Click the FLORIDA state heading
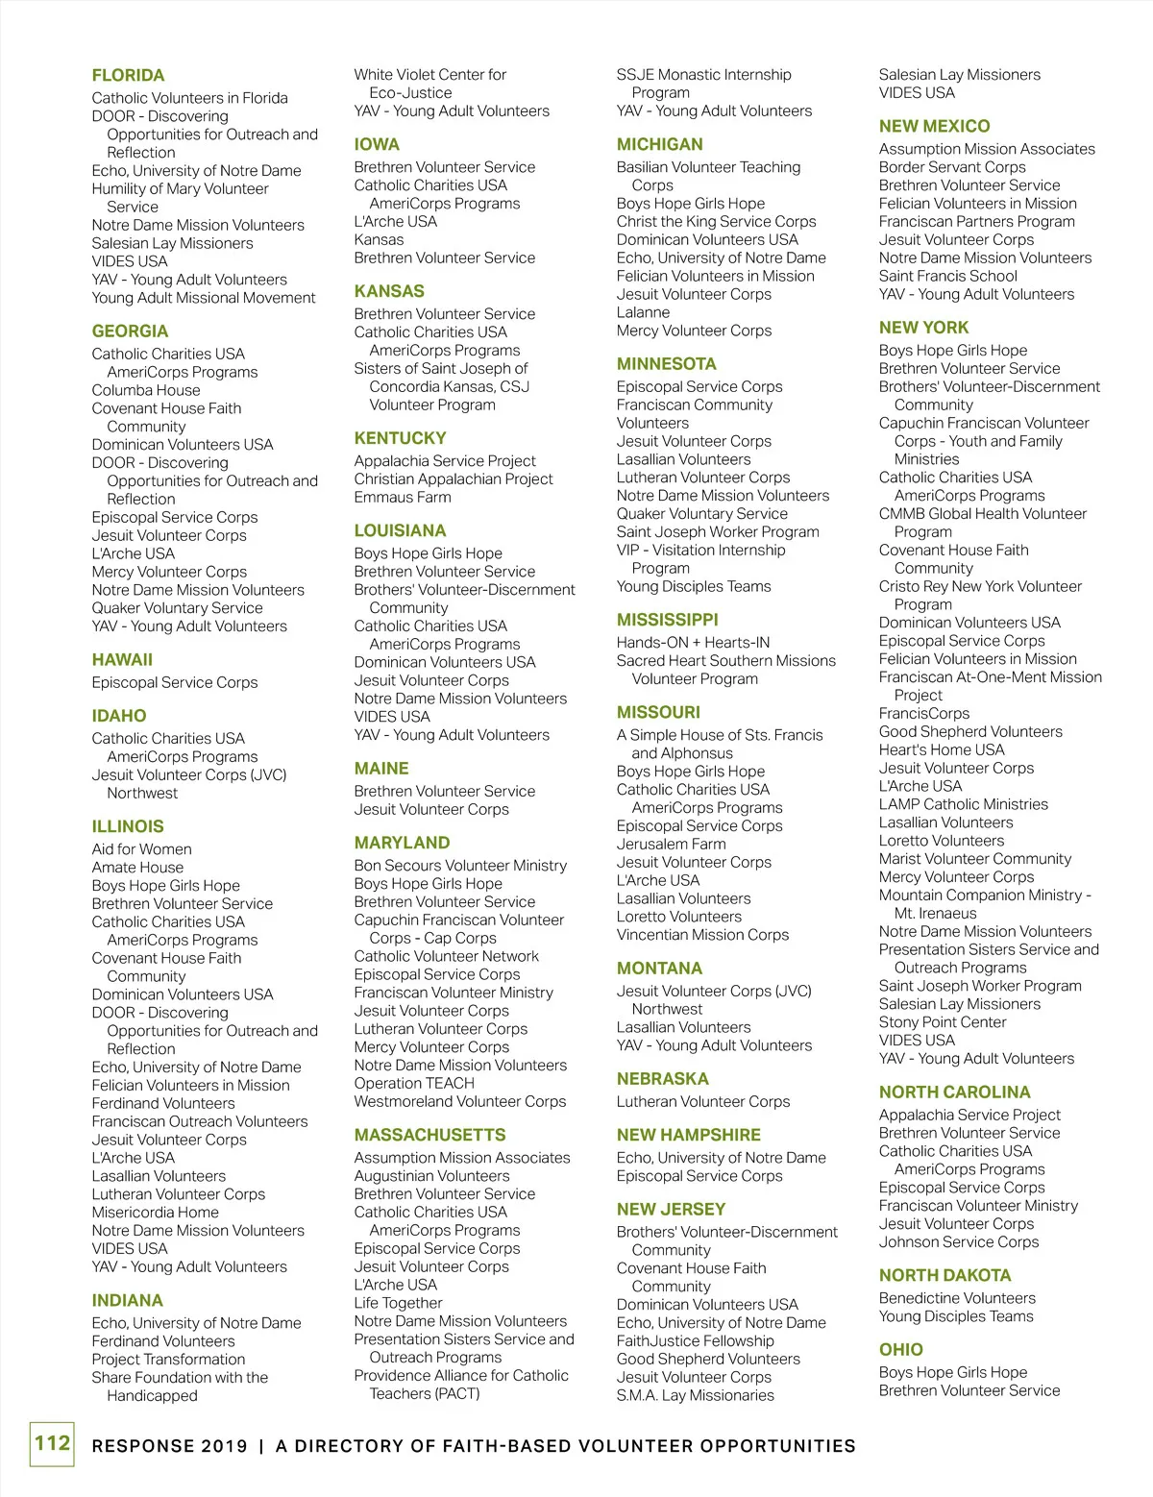[x=128, y=75]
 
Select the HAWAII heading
[x=122, y=660]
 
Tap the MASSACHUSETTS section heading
[x=429, y=1135]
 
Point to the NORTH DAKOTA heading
[x=944, y=1275]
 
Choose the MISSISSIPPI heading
[x=667, y=620]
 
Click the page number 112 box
[x=52, y=1443]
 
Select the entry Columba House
[x=146, y=390]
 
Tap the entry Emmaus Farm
[x=402, y=497]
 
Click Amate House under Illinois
[x=137, y=867]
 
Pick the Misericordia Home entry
[x=155, y=1213]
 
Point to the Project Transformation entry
[x=168, y=1359]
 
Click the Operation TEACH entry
[x=414, y=1083]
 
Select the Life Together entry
[x=398, y=1303]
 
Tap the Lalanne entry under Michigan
[x=643, y=312]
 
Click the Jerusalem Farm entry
[x=671, y=844]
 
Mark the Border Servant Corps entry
[x=952, y=167]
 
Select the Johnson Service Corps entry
[x=958, y=1241]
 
